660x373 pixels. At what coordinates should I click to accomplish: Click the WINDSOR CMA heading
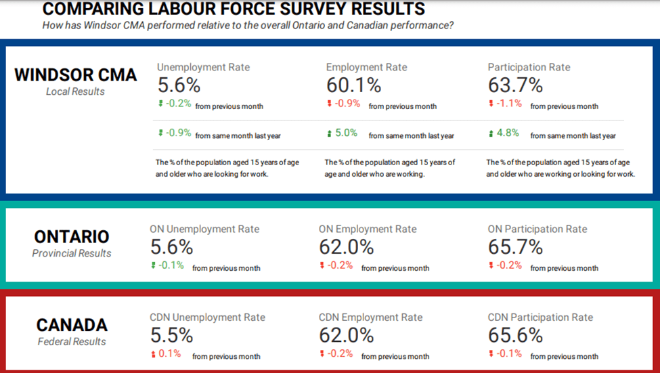[x=75, y=74]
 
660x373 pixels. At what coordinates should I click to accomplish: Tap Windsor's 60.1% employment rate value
[x=353, y=85]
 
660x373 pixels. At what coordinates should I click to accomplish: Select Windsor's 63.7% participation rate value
[x=515, y=85]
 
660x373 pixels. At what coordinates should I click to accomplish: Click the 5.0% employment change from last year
[x=346, y=133]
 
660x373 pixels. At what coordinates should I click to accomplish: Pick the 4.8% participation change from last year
[x=508, y=133]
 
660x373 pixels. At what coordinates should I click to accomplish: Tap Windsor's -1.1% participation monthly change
[x=509, y=104]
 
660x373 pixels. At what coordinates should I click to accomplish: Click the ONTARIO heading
[x=71, y=237]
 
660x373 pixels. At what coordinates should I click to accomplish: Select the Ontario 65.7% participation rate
[x=515, y=247]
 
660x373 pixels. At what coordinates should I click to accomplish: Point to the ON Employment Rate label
[x=368, y=229]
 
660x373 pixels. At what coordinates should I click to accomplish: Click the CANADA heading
[x=72, y=325]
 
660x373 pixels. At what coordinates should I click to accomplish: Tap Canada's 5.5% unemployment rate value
[x=171, y=335]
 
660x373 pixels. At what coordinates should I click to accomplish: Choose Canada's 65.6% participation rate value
[x=515, y=335]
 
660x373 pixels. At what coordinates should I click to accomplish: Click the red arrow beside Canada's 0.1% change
[x=153, y=354]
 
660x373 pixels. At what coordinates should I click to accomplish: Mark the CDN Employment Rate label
[x=370, y=317]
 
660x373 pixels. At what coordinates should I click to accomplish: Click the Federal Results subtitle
[x=72, y=341]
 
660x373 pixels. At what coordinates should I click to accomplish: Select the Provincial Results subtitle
[x=72, y=253]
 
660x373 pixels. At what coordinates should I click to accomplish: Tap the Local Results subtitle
[x=75, y=91]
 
